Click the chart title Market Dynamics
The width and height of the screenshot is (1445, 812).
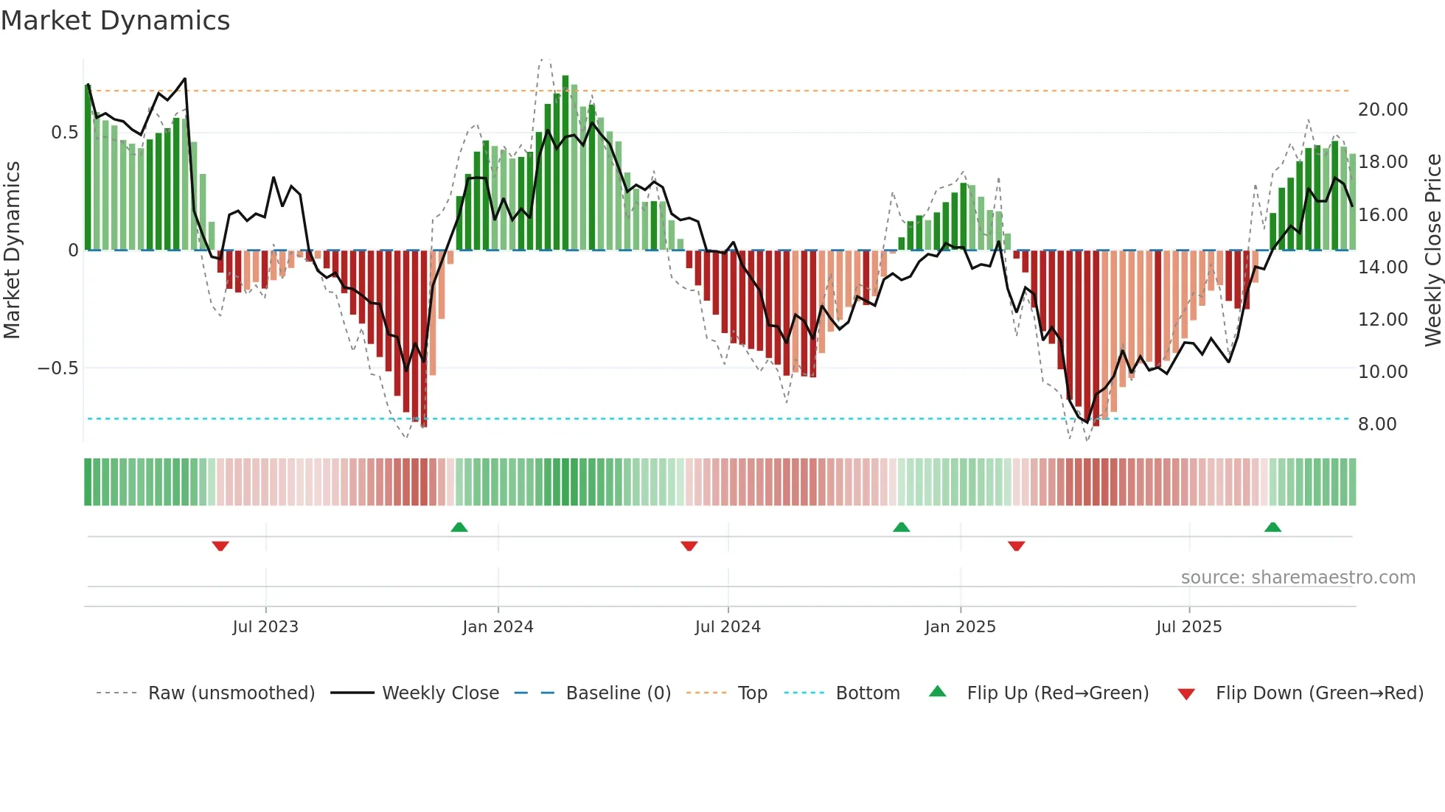tap(115, 21)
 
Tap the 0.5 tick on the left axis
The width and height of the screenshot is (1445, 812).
tap(64, 133)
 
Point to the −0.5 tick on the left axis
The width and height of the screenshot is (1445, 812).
tap(58, 368)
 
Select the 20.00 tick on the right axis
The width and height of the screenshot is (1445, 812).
tap(1382, 110)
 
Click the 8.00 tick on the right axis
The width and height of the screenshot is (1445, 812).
tap(1376, 424)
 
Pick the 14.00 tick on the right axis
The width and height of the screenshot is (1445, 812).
tap(1382, 267)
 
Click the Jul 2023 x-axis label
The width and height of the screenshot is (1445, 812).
tap(265, 627)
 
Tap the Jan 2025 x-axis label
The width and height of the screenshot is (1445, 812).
tap(960, 627)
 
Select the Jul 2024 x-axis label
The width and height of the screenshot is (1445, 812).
tap(728, 627)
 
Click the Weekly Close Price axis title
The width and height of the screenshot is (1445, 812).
tap(1432, 251)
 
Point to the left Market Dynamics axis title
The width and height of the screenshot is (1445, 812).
tap(13, 251)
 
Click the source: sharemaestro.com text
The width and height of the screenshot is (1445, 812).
tap(1298, 578)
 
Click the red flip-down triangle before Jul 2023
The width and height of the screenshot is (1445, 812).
tap(220, 546)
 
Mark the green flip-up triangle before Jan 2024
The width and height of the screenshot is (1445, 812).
tap(459, 527)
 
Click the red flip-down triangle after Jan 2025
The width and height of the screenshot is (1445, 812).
tap(1016, 546)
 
